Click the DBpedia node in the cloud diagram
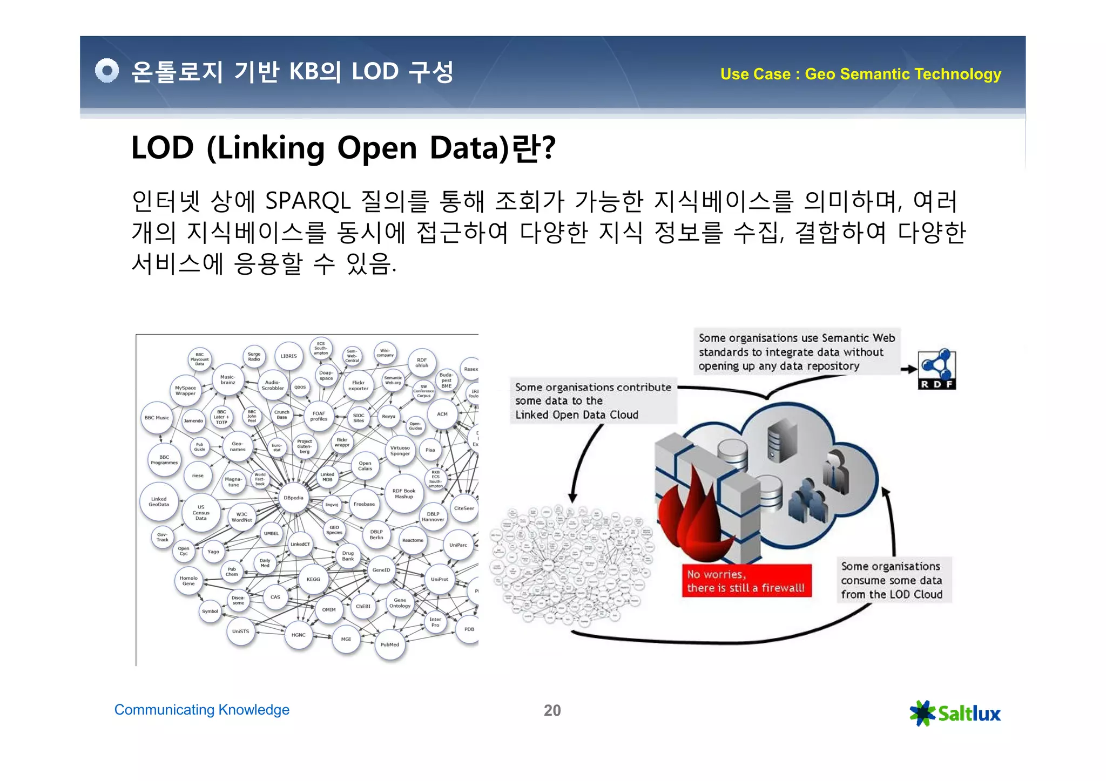tap(293, 498)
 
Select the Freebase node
tap(364, 504)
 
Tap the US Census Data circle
tap(201, 513)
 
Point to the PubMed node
tap(390, 644)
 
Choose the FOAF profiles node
tap(319, 416)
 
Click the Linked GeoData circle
tap(159, 502)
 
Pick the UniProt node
tap(439, 579)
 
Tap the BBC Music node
tap(157, 418)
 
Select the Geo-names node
tap(238, 446)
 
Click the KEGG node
tap(313, 579)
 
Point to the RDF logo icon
tap(937, 369)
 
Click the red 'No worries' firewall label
tap(746, 581)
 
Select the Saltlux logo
tap(955, 713)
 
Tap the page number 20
tap(552, 710)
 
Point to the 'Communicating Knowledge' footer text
tap(201, 710)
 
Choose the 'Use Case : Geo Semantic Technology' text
tap(860, 74)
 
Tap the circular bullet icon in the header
tap(107, 71)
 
